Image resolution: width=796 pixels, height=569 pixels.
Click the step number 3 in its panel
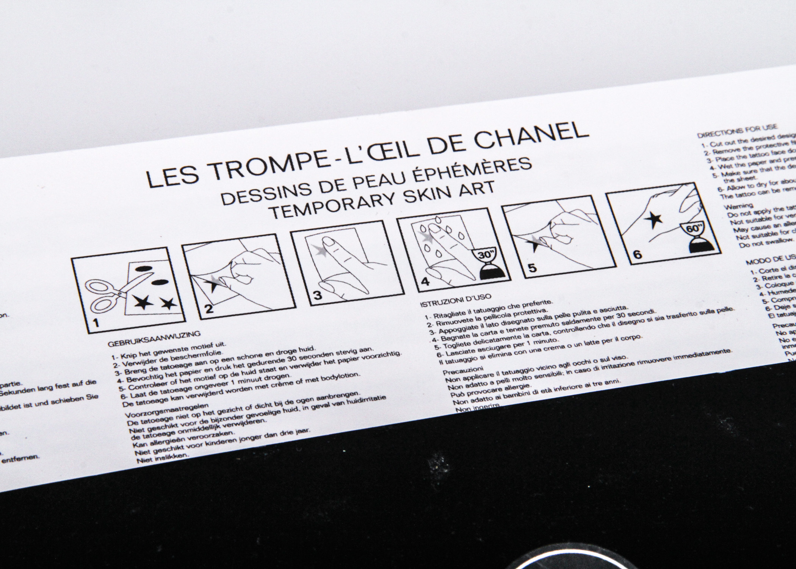point(317,296)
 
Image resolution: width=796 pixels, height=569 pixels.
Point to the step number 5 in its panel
point(532,268)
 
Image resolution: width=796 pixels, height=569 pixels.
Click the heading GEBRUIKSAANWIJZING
point(154,341)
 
